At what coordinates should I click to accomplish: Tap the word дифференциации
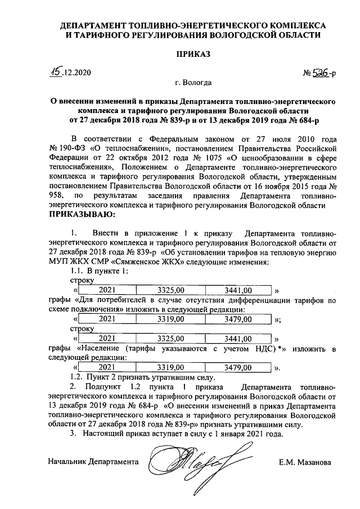(248, 300)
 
